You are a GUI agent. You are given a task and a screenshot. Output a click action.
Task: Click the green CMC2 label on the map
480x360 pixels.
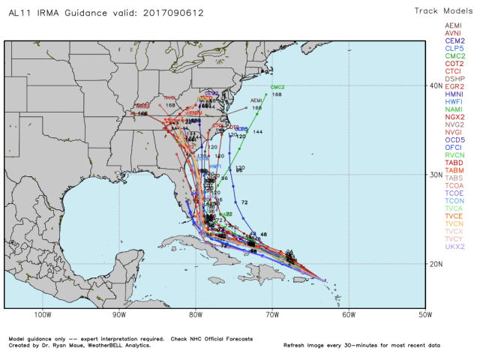pyautogui.click(x=277, y=87)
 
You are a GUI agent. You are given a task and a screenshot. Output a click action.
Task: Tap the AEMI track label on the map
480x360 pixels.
pyautogui.click(x=256, y=100)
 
